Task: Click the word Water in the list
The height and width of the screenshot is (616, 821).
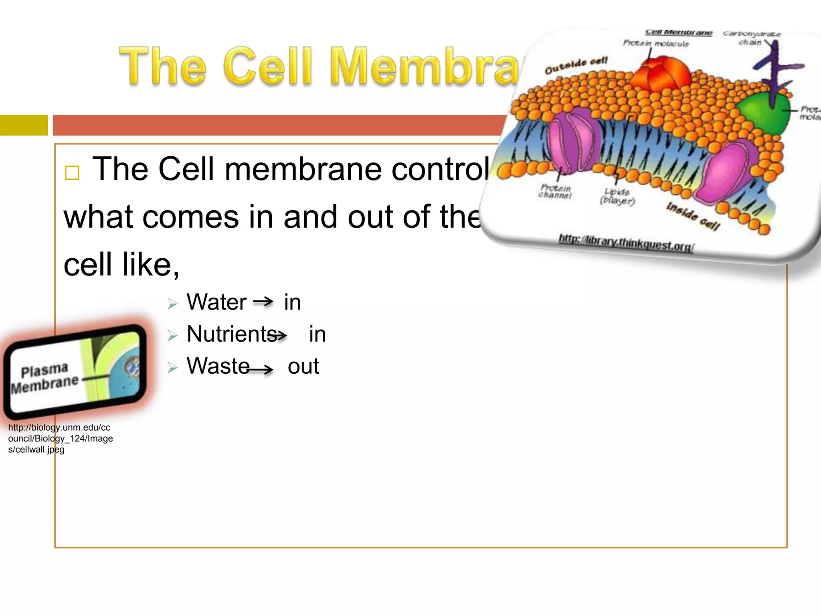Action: [216, 302]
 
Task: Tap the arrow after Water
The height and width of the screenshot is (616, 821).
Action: [263, 301]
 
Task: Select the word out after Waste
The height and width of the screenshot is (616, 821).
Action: [303, 366]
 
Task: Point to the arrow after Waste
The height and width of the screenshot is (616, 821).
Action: [261, 369]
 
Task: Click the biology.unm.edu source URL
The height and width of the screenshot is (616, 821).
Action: [60, 438]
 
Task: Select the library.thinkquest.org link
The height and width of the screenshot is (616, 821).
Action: [626, 242]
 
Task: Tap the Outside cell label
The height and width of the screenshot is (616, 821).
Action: [576, 65]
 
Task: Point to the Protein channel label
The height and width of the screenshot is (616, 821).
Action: [555, 191]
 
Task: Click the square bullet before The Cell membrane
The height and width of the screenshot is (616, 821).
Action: [72, 173]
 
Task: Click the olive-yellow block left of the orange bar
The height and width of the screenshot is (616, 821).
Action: [24, 125]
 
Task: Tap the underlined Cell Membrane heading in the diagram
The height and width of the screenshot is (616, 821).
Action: [679, 32]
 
